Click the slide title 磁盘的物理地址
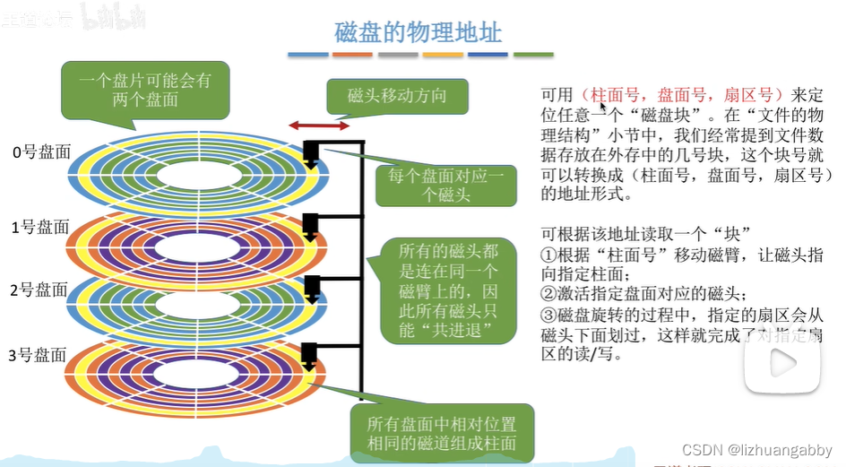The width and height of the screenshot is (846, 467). pyautogui.click(x=418, y=32)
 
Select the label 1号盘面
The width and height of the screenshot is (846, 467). pyautogui.click(x=40, y=228)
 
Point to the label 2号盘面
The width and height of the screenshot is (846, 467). pyautogui.click(x=40, y=290)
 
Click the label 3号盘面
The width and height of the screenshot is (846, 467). pyautogui.click(x=40, y=357)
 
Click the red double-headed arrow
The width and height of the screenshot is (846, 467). pyautogui.click(x=319, y=126)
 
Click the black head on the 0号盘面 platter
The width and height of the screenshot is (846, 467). pyautogui.click(x=313, y=153)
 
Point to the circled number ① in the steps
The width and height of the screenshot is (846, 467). pyautogui.click(x=548, y=254)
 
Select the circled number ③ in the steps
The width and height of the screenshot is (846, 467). pyautogui.click(x=548, y=315)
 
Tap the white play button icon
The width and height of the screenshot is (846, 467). pyautogui.click(x=781, y=363)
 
